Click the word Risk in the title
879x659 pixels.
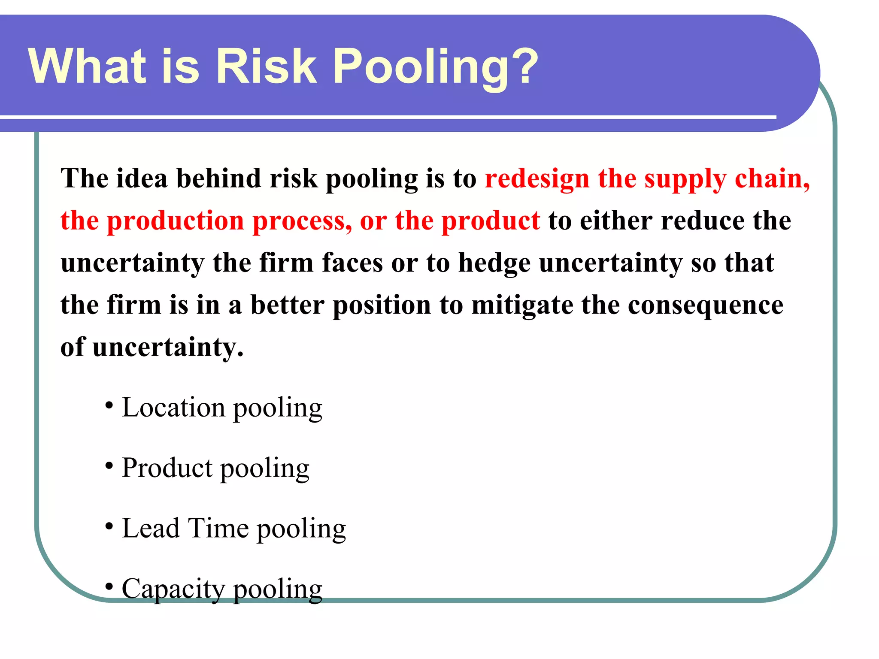266,67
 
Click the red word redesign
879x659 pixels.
537,178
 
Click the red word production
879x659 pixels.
176,221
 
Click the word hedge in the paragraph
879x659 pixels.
494,263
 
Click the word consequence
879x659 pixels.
706,305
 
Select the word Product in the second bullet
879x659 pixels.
167,468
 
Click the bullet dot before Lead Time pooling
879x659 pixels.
109,526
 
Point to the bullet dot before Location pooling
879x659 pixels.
109,405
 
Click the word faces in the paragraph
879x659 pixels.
352,263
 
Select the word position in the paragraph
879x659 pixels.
382,305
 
